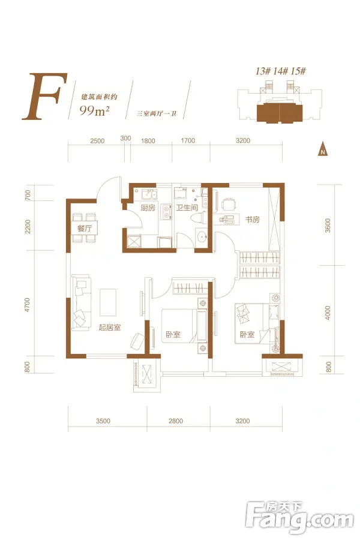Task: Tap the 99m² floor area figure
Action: click(x=94, y=110)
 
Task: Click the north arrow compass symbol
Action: click(x=322, y=149)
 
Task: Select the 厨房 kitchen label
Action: click(x=148, y=208)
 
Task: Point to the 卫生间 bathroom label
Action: click(x=187, y=208)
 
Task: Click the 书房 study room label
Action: click(x=252, y=220)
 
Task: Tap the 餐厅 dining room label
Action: click(x=85, y=228)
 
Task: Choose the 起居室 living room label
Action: click(x=110, y=327)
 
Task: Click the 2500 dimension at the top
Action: click(x=97, y=141)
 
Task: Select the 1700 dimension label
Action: click(x=188, y=140)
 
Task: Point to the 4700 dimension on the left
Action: click(x=27, y=305)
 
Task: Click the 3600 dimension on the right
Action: click(x=328, y=225)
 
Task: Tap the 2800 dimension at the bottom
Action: click(x=176, y=421)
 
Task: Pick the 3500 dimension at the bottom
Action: click(x=103, y=421)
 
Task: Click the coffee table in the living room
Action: click(x=108, y=302)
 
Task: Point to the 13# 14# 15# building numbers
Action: click(x=280, y=71)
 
